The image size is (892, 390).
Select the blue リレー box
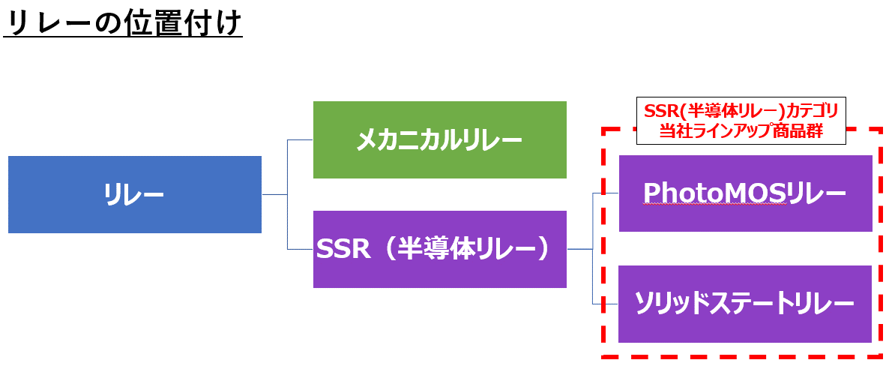(135, 195)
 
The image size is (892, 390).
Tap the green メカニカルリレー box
(439, 140)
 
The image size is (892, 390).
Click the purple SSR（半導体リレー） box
(439, 249)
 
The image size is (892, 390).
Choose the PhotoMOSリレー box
(745, 193)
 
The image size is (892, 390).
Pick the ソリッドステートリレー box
(745, 304)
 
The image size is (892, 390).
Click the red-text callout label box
(741, 120)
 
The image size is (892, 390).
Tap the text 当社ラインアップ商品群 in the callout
(741, 131)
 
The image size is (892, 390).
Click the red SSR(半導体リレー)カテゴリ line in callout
(741, 110)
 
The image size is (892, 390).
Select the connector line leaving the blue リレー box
(274, 194)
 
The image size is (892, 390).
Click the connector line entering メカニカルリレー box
(301, 139)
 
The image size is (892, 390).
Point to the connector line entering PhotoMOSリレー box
(606, 193)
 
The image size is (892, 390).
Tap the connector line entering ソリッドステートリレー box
(606, 304)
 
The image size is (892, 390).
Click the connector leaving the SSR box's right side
(579, 248)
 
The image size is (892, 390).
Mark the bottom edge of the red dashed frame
(741, 356)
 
